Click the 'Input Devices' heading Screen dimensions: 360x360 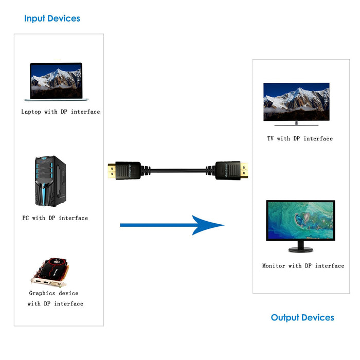[52, 19]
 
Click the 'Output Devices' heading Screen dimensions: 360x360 [302, 317]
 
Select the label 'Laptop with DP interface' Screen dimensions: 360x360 [61, 112]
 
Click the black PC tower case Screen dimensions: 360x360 [50, 181]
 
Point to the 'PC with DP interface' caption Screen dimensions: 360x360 [55, 218]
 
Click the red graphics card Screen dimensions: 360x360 [49, 271]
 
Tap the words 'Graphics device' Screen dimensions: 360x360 [54, 293]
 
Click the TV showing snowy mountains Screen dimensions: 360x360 [296, 101]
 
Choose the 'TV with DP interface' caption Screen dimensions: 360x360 [300, 139]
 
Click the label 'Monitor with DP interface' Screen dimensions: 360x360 [303, 266]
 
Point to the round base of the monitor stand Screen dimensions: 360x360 [300, 249]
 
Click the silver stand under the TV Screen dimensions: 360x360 [296, 123]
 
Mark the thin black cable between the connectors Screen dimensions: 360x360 [177, 169]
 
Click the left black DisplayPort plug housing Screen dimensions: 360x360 [128, 170]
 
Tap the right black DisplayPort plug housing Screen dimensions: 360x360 [227, 170]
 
